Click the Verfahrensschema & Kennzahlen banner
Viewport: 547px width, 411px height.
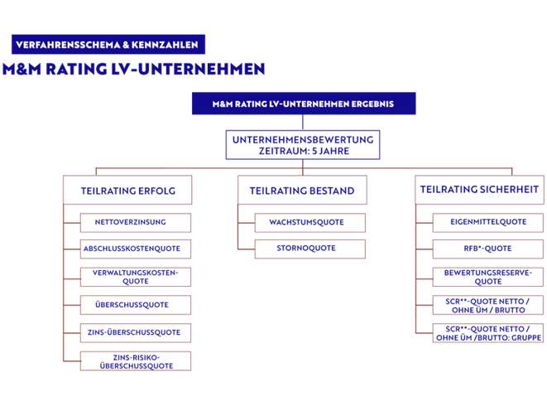(108, 45)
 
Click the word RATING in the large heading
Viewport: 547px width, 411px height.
(76, 69)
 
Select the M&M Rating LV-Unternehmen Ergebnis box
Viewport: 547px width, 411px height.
(304, 104)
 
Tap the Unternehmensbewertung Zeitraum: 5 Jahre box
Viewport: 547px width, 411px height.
(303, 145)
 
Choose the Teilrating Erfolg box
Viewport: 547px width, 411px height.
(127, 190)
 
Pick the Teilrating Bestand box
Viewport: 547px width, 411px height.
(302, 190)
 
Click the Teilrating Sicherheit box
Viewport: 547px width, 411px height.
(479, 190)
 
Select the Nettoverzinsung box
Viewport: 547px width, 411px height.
(136, 222)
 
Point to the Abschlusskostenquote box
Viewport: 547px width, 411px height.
(136, 249)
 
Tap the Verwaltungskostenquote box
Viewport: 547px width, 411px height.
(136, 277)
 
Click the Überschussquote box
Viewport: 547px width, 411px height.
(136, 305)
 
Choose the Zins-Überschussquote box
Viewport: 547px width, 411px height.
(136, 333)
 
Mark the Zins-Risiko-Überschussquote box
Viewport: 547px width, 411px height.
(136, 360)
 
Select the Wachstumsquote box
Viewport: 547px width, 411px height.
(310, 222)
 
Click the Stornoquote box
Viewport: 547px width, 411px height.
(310, 249)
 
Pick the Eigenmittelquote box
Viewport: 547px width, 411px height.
(488, 222)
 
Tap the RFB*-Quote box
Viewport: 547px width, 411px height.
(488, 249)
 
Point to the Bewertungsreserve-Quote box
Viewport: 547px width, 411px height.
(488, 277)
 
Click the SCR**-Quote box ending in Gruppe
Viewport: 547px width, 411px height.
(488, 333)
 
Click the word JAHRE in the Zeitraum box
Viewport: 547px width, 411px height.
(334, 151)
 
